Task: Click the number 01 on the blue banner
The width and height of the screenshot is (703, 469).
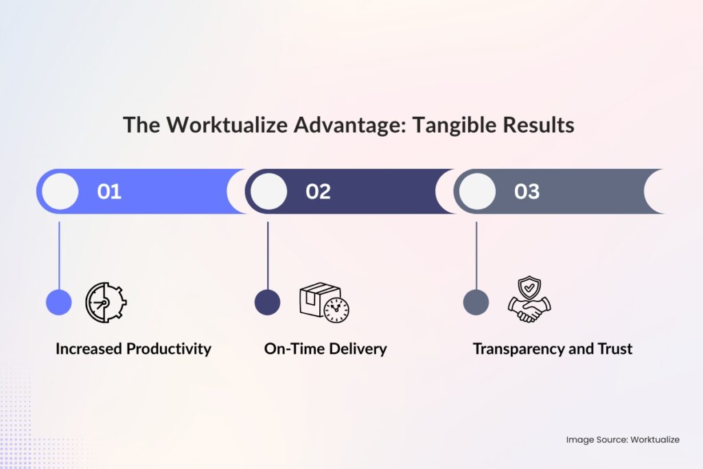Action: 109,192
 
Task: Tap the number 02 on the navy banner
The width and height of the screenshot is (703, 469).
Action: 318,192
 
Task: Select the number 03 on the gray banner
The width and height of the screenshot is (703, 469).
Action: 527,192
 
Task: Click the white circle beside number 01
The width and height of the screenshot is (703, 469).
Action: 60,192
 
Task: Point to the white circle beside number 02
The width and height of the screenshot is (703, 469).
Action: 268,192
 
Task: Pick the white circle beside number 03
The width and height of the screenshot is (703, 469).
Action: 477,192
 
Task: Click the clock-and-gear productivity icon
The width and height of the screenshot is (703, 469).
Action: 106,302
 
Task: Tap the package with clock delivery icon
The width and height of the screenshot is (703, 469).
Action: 323,302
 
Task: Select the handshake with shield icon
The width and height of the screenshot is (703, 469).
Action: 529,300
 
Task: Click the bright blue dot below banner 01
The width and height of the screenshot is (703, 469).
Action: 59,302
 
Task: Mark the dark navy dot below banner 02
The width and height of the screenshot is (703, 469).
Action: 267,302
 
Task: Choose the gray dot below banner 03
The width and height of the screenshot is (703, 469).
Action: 476,302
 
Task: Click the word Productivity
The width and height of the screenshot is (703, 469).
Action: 169,349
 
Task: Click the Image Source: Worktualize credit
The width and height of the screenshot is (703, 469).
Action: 623,439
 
